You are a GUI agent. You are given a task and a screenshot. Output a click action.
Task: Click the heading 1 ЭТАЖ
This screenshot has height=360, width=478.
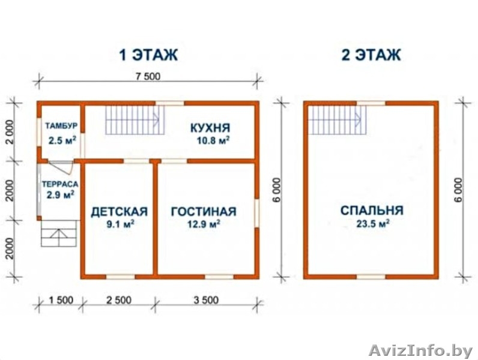[x=148, y=56]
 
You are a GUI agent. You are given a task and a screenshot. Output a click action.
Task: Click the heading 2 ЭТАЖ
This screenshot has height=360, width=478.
[x=371, y=56]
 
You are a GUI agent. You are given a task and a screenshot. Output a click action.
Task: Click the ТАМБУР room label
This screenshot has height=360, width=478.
[x=59, y=127]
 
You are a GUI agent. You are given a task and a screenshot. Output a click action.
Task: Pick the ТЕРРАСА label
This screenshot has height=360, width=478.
[x=58, y=185]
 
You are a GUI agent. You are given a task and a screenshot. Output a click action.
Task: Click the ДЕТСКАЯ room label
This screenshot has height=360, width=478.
[x=119, y=212]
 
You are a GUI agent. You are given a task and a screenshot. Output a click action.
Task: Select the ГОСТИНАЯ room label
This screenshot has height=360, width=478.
[x=203, y=212]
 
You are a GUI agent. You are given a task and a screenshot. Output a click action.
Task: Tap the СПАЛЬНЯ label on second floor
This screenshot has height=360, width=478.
[x=371, y=211]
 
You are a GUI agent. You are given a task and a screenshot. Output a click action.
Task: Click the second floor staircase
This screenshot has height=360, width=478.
[x=337, y=120]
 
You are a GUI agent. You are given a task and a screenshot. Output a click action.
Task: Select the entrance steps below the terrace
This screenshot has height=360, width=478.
[x=61, y=233]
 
